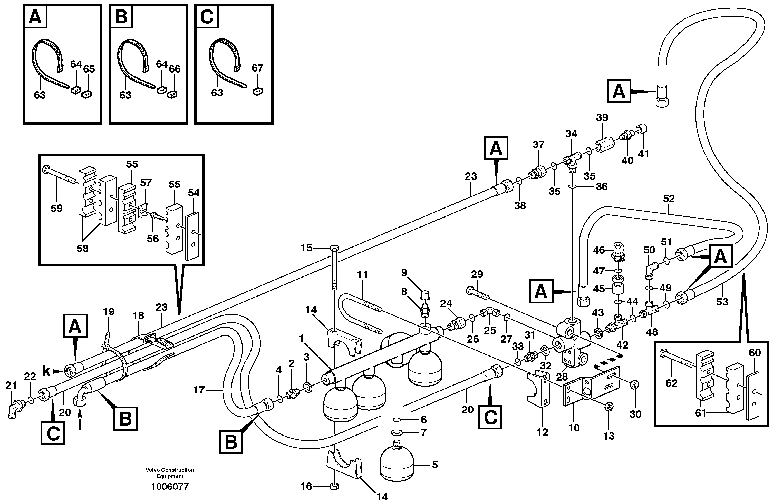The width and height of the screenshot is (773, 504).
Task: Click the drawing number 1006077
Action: click(170, 487)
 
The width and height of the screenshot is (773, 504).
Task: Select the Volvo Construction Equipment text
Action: click(170, 473)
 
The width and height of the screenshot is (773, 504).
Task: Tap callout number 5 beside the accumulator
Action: click(435, 465)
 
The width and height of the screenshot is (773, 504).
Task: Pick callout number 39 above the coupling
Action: click(602, 117)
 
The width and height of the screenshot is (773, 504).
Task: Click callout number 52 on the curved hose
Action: click(669, 199)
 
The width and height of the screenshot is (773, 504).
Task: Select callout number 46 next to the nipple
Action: click(599, 250)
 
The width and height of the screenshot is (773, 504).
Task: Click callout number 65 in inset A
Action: click(89, 69)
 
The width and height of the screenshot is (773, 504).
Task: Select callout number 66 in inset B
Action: click(175, 69)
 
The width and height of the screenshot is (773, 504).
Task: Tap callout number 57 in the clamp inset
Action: click(146, 183)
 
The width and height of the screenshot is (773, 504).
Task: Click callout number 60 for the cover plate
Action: click(755, 353)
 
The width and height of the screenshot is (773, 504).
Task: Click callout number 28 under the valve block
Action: click(562, 377)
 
